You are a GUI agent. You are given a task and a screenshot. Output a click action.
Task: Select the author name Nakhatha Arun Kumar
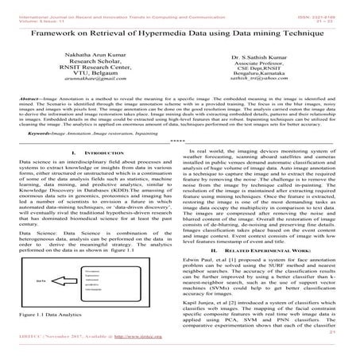[x=85, y=58]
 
